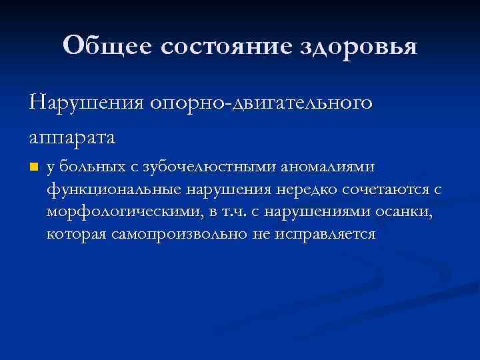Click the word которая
[77, 234]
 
